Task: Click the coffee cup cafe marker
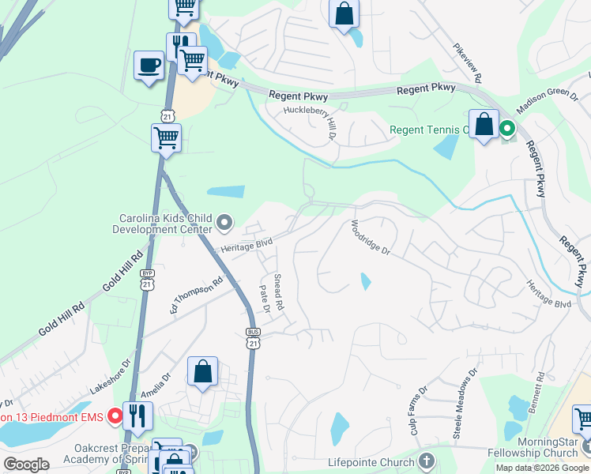[x=149, y=66]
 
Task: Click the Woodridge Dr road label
[x=371, y=236]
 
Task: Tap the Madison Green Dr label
[x=547, y=100]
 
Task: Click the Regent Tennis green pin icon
[x=506, y=129]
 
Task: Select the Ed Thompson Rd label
[x=197, y=296]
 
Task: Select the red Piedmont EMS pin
[x=115, y=415]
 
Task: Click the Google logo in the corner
[x=26, y=465]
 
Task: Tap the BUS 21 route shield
[x=253, y=338]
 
